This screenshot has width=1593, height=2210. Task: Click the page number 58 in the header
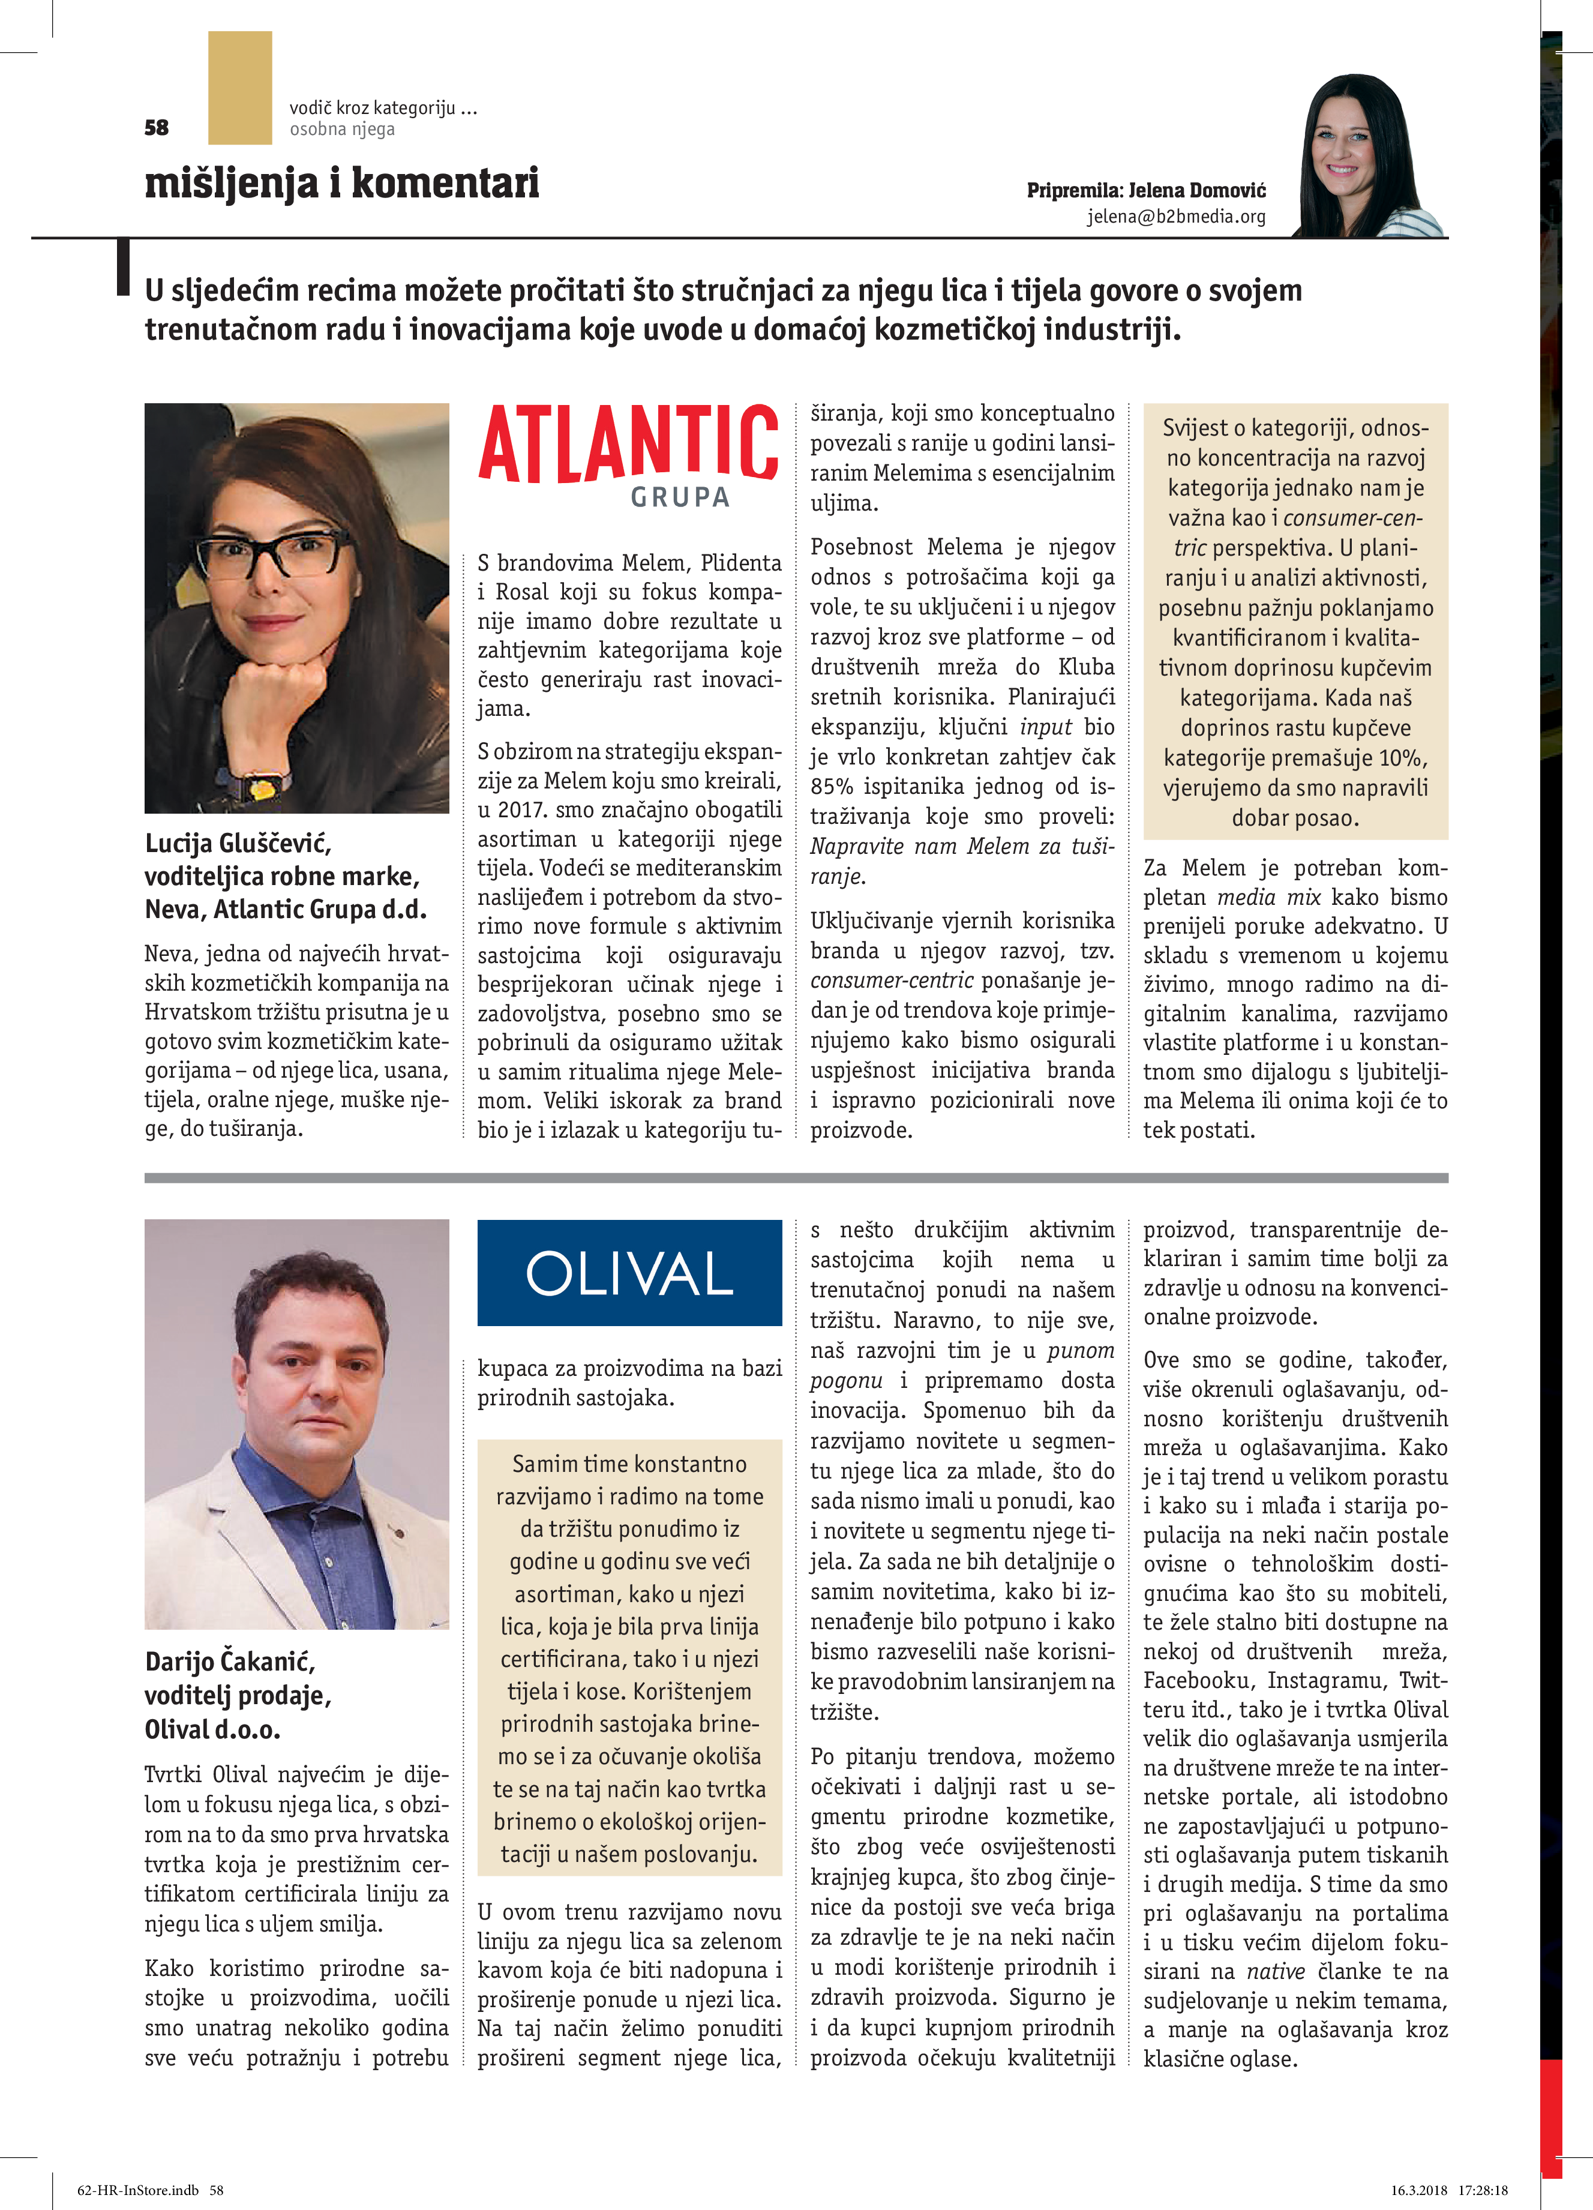pyautogui.click(x=156, y=128)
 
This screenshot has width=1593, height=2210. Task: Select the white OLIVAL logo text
pyautogui.click(x=629, y=1273)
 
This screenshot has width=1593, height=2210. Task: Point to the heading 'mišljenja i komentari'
pyautogui.click(x=341, y=183)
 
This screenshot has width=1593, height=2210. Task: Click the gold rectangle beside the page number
pyautogui.click(x=239, y=88)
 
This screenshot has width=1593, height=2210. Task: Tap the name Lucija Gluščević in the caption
pyautogui.click(x=238, y=843)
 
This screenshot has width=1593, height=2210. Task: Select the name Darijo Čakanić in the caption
pyautogui.click(x=230, y=1660)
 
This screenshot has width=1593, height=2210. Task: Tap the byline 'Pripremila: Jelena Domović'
pyautogui.click(x=1146, y=190)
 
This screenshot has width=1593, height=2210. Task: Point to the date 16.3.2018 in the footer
pyautogui.click(x=1418, y=2190)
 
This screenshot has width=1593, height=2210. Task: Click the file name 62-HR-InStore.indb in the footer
pyautogui.click(x=137, y=2190)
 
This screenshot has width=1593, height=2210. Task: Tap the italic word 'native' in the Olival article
pyautogui.click(x=1276, y=1971)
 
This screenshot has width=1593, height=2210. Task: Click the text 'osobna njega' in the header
pyautogui.click(x=342, y=130)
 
